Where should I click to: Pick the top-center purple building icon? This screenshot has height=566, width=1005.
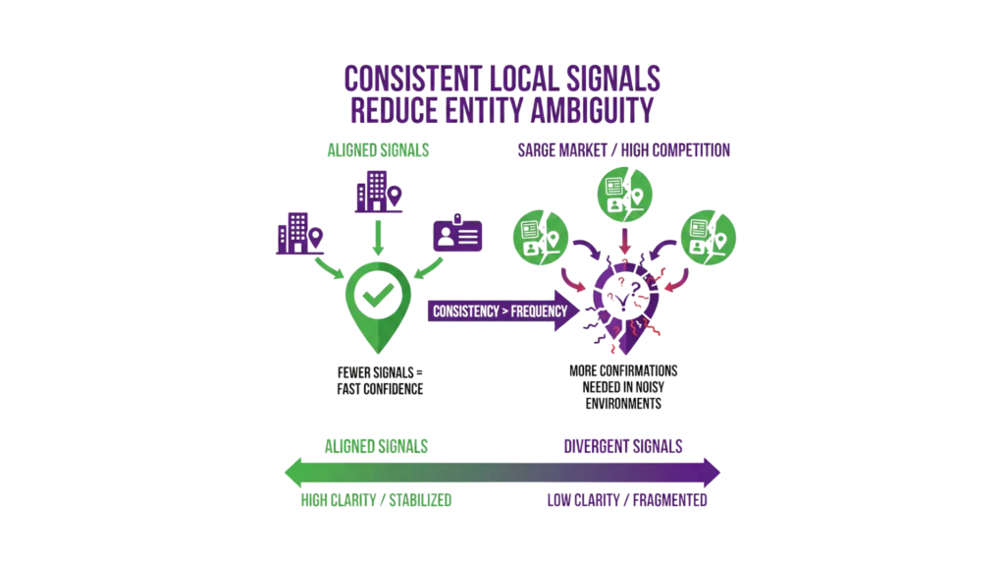tap(377, 193)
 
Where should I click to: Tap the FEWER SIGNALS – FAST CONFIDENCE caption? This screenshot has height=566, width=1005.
tap(381, 381)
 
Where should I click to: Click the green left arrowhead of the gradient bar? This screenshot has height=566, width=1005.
tap(291, 472)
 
